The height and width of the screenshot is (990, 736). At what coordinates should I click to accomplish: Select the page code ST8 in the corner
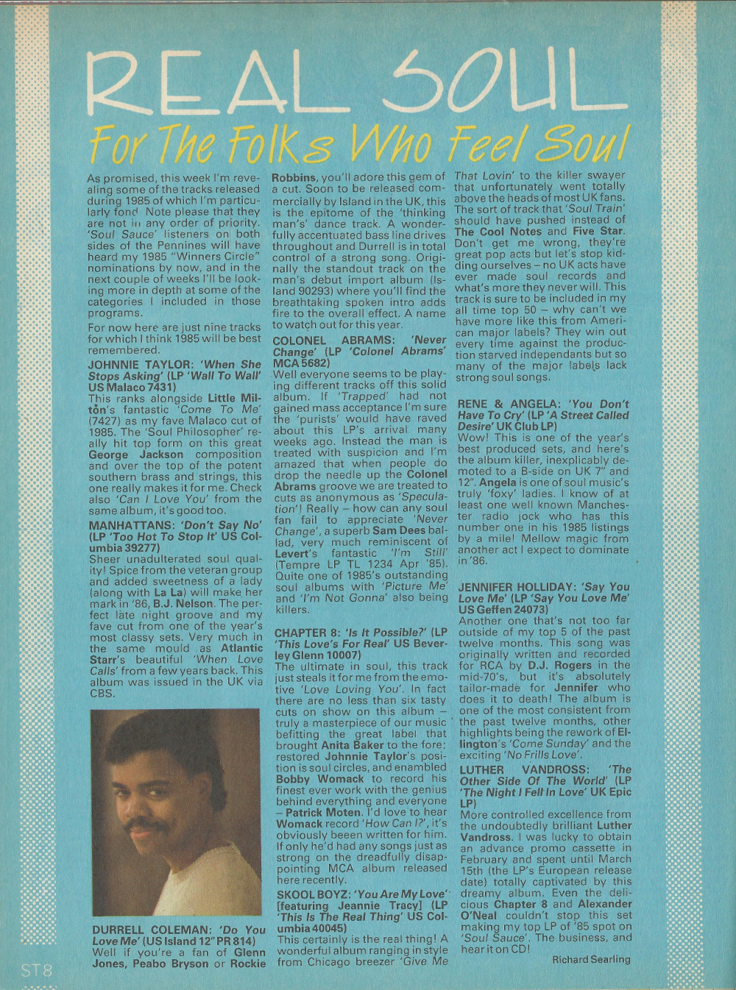36,970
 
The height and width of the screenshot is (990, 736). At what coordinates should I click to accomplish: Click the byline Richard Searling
591,959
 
